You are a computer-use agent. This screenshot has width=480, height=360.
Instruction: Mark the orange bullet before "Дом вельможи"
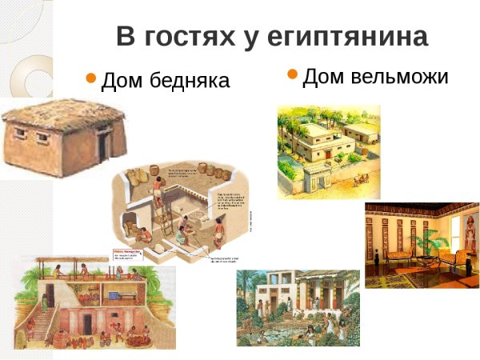(292, 75)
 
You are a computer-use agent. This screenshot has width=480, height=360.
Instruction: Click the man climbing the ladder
(158, 196)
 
